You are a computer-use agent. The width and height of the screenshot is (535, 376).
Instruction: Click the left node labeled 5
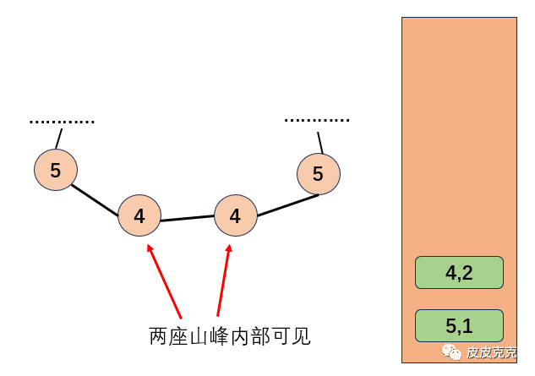coord(56,170)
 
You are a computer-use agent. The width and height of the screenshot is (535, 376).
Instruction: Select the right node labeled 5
coord(319,174)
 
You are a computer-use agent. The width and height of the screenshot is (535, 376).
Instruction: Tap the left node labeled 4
coord(139,215)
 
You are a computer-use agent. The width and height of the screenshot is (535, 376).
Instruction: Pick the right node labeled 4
coord(235,215)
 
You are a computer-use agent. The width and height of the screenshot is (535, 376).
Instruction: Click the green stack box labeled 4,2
coord(459,273)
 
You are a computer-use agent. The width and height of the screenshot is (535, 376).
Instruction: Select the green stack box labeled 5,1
coord(459,325)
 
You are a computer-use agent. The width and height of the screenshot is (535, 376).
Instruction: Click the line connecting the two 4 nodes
coord(187,218)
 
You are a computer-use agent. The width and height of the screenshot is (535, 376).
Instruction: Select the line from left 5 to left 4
coord(96,199)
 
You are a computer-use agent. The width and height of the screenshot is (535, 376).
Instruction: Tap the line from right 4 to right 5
coord(287,205)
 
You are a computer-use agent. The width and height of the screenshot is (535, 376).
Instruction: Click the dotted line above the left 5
coord(62,122)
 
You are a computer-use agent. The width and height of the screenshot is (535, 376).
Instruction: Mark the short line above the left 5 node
coord(59,138)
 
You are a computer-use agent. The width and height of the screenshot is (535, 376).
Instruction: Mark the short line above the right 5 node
coord(319,142)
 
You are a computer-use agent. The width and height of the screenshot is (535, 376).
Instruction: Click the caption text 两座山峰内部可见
coord(230,336)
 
